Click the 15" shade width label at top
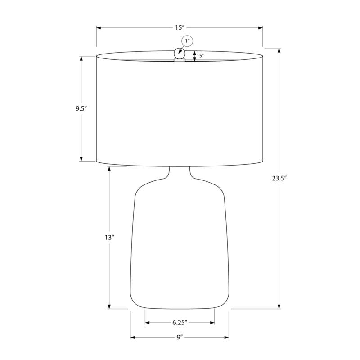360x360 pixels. [180, 28]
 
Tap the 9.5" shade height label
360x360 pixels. [81, 108]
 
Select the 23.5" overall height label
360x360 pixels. [279, 178]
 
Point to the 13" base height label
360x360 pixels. [109, 238]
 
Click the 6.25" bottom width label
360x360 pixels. [180, 323]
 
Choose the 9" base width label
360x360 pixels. [180, 337]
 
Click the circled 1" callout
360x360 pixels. [187, 41]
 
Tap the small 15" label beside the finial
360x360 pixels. [200, 55]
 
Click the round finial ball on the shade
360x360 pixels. [179, 54]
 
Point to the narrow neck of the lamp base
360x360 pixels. [180, 172]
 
